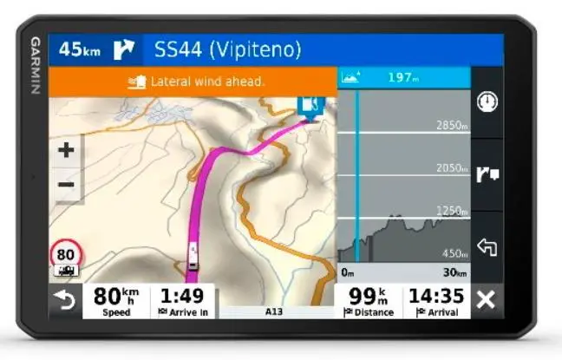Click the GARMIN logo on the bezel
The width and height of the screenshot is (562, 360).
coord(36,66)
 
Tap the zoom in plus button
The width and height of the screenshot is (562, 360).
coord(66,150)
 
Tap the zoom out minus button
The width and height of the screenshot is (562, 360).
coord(66,184)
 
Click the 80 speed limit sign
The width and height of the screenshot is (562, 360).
coord(66,255)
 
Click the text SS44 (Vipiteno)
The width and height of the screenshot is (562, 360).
coord(227,49)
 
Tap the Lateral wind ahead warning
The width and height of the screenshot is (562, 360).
coord(195,82)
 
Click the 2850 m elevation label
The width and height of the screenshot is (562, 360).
coord(452,127)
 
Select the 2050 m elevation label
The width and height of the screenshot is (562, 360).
coord(452,168)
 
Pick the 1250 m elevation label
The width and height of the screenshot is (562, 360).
coord(452,211)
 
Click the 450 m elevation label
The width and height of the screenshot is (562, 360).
coord(454,253)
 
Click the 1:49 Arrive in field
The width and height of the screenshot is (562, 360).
coord(182,300)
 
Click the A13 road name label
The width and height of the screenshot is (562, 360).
coord(274,311)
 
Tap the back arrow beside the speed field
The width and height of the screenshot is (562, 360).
coord(65,301)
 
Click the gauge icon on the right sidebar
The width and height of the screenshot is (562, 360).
coord(487,101)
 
